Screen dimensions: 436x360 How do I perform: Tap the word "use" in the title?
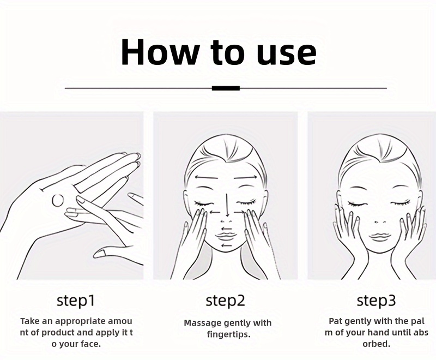[287, 55]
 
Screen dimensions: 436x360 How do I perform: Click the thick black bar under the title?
[226, 88]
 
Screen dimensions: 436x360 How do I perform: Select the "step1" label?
[76, 301]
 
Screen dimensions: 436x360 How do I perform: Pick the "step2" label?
[226, 301]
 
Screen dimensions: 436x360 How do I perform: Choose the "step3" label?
[376, 301]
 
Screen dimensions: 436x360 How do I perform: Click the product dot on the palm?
[58, 200]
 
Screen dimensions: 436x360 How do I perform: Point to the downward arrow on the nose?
[227, 205]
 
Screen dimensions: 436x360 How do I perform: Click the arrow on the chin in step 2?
[226, 245]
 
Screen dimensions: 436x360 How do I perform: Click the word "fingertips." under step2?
[229, 334]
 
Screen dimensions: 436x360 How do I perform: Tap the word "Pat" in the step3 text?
[335, 321]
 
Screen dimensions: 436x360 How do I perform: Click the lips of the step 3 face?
[379, 237]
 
